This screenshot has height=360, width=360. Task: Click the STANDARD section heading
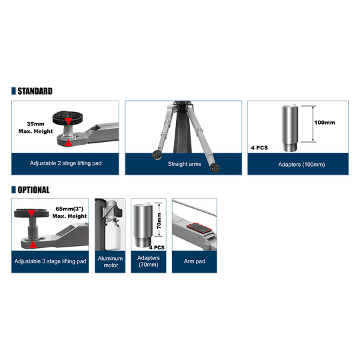35,91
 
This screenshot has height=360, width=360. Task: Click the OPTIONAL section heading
33,190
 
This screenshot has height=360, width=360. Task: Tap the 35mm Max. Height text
35,127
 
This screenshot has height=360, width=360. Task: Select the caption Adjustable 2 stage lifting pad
65,163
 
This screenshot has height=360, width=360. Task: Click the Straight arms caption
185,164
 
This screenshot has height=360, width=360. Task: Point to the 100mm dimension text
325,123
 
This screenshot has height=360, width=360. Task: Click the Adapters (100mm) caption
301,165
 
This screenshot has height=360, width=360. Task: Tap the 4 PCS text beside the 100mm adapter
259,148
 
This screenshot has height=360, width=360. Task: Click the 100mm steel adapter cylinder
290,128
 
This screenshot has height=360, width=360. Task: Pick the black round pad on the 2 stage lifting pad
68,117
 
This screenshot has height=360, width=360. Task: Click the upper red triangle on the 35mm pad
68,121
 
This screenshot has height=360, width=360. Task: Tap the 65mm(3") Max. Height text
69,213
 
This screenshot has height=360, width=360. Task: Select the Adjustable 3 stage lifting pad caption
50,261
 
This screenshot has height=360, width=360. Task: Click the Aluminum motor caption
110,262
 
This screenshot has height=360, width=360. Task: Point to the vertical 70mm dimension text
159,221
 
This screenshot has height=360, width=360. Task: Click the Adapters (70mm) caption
149,261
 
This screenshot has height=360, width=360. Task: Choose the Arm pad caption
195,261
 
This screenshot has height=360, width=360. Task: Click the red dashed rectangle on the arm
199,228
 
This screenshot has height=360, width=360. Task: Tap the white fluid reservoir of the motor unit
113,236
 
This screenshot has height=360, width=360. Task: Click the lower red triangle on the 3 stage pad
33,245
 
